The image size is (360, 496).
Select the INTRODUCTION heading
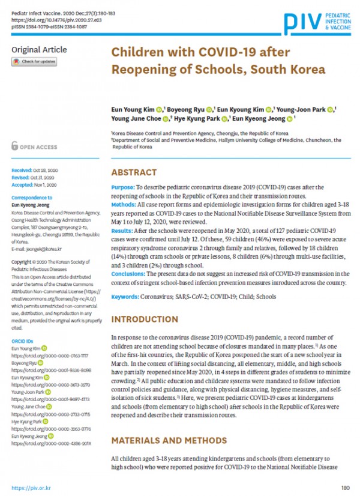[x=145, y=318]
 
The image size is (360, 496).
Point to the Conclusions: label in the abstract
[x=131, y=274]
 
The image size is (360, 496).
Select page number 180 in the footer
[x=344, y=488]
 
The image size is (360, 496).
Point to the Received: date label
[x=22, y=171]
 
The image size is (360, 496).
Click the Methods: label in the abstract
[x=125, y=204]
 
